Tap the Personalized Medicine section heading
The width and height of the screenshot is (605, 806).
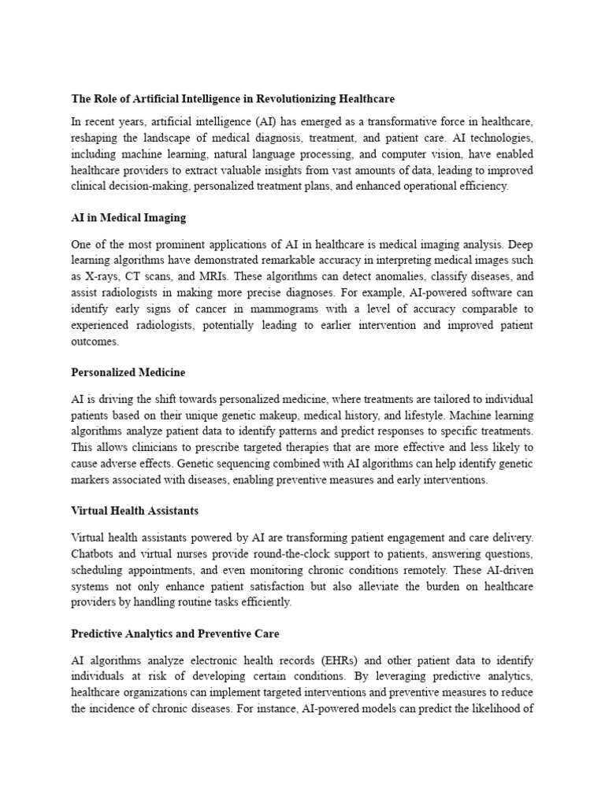[128, 372]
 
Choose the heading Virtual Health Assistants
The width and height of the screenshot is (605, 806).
[135, 510]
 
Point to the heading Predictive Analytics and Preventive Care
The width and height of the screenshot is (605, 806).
[175, 633]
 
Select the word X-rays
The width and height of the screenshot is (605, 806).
[104, 275]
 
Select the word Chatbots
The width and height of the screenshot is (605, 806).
[93, 553]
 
